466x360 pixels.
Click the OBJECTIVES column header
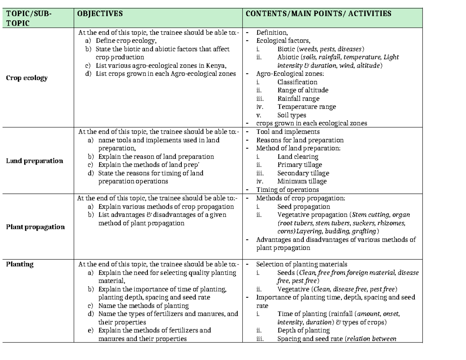pos(100,14)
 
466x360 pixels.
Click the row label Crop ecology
pos(27,78)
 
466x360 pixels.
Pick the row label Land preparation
pos(34,161)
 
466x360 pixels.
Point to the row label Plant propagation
pos(35,227)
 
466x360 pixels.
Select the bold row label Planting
pos(20,264)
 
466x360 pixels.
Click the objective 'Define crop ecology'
pos(126,41)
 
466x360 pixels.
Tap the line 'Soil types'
pos(292,115)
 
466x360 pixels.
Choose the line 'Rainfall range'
pos(298,99)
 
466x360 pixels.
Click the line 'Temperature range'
pos(306,107)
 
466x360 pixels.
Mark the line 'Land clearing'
pos(297,157)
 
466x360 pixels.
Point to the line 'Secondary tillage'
pos(303,173)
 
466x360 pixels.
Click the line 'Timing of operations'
pos(287,190)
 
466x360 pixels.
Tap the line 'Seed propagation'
pos(304,207)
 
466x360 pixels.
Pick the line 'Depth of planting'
pos(303,330)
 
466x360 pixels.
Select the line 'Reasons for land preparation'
pos(300,140)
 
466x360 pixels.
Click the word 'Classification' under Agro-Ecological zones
pos(297,82)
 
